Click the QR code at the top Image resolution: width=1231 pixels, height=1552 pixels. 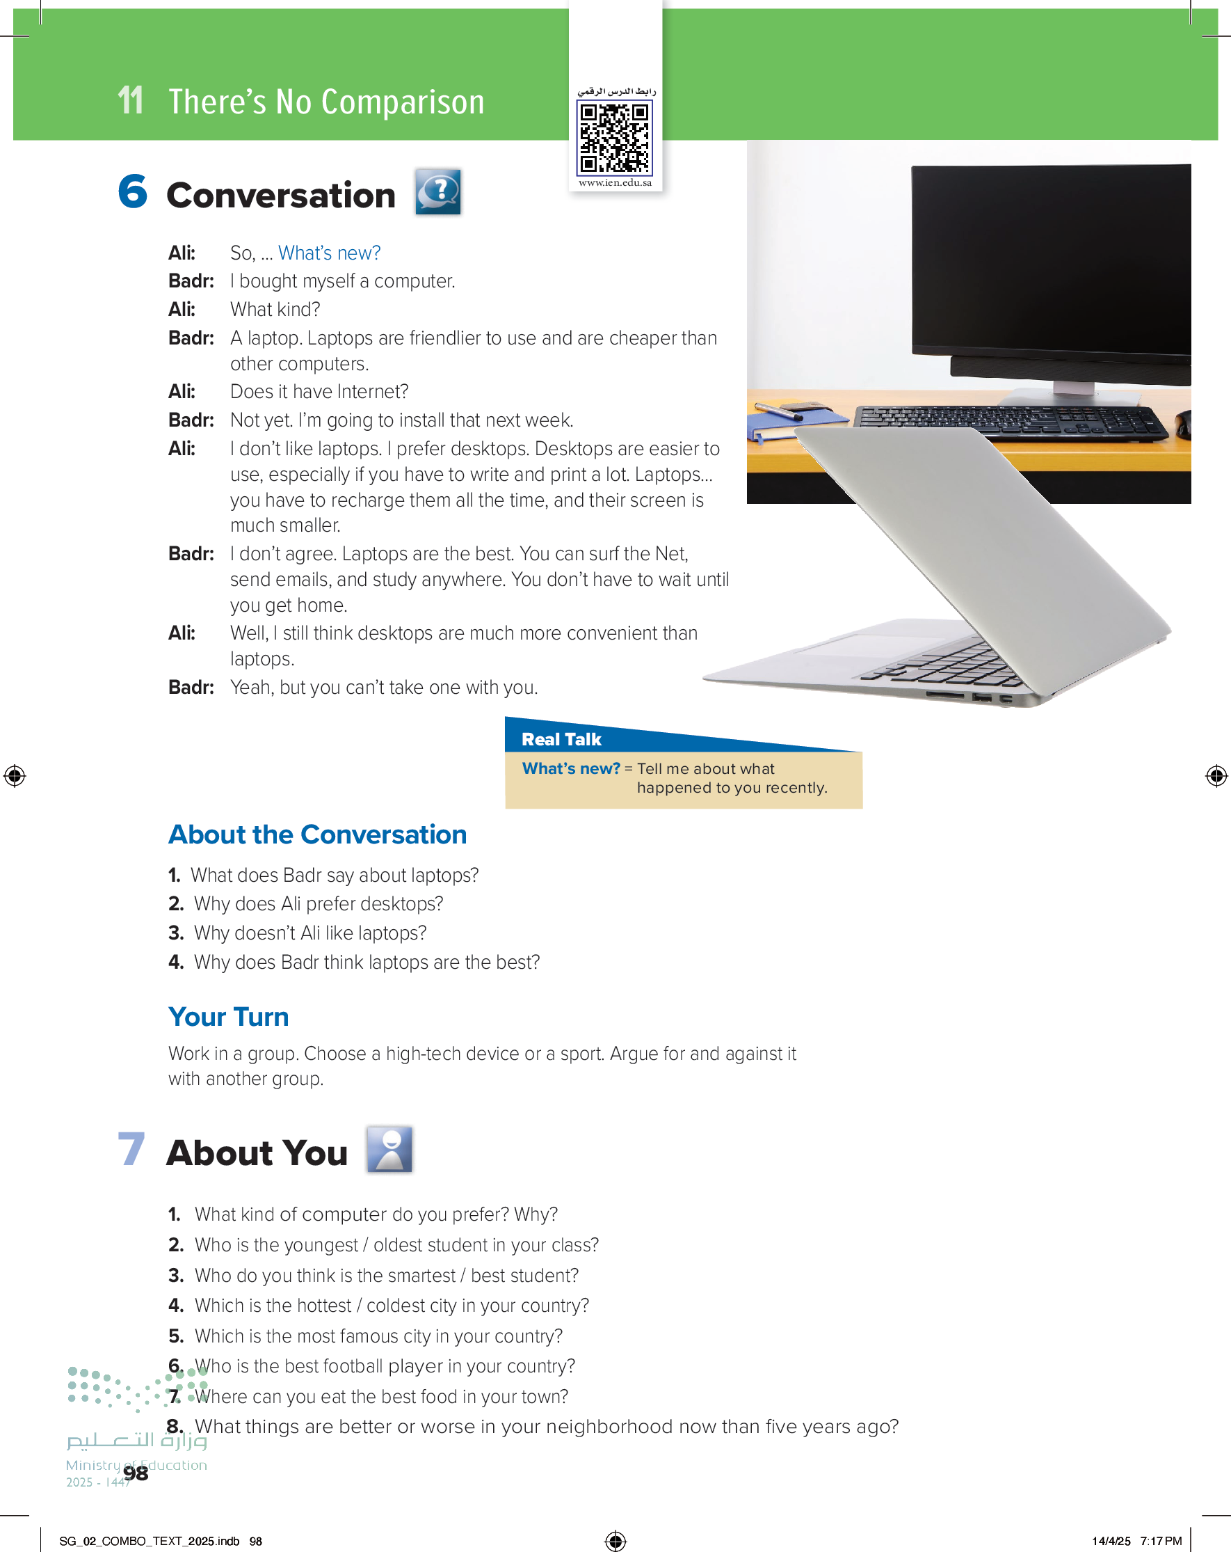pos(615,138)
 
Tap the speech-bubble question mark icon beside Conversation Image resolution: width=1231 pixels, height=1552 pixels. pos(437,191)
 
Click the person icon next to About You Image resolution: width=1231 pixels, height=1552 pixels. pos(389,1149)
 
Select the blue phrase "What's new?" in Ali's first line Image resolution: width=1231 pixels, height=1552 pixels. pos(329,253)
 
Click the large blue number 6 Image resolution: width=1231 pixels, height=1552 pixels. pos(133,192)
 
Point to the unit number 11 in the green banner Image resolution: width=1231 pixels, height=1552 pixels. pos(130,101)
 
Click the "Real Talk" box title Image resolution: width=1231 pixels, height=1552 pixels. pos(561,739)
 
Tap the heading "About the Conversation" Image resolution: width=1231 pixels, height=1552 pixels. pos(317,834)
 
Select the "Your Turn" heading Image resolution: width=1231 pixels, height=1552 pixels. pos(228,1016)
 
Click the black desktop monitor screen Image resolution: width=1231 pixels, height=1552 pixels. pos(1050,259)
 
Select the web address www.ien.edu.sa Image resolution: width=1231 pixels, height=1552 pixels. pos(615,183)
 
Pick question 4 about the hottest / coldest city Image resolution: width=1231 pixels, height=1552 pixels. pos(392,1305)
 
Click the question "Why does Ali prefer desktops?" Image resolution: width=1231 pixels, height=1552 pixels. pos(318,903)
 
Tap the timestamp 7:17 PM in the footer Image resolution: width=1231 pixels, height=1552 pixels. pos(1161,1540)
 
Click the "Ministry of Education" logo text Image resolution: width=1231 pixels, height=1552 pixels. pos(136,1465)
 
